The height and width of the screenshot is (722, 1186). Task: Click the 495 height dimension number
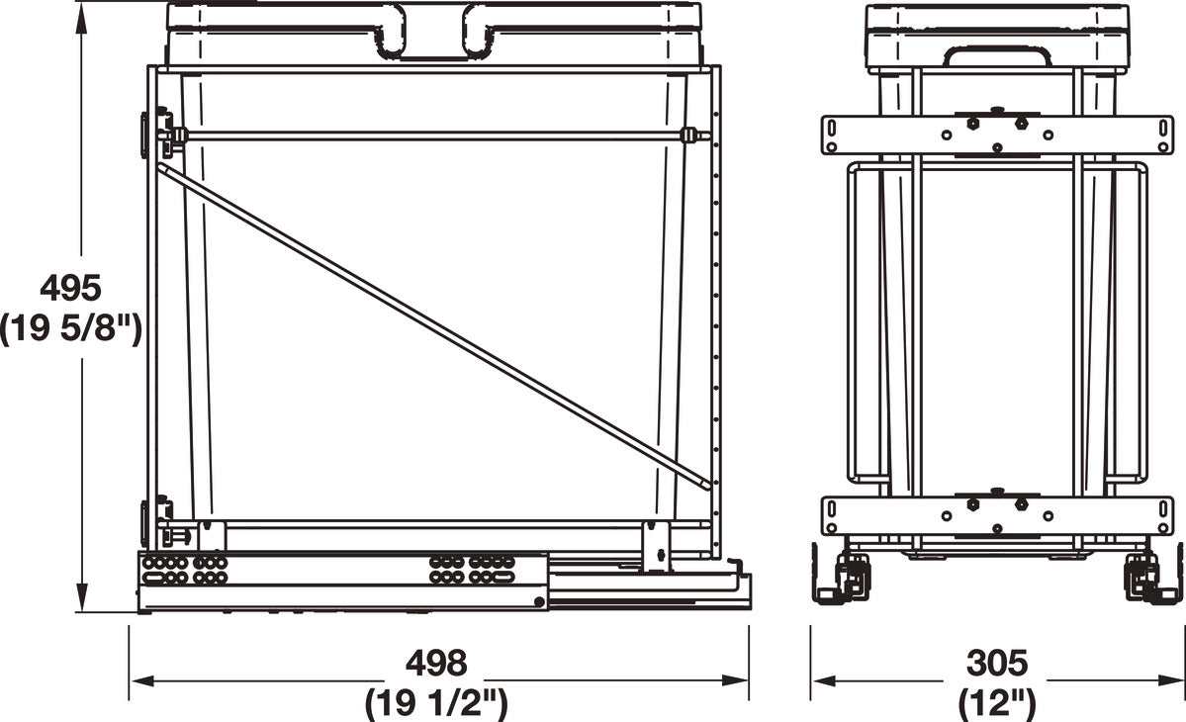click(x=70, y=289)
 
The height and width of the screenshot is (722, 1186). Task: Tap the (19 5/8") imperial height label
click(x=70, y=329)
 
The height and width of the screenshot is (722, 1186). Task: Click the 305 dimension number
click(x=997, y=664)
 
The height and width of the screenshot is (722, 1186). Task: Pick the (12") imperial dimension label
click(x=997, y=704)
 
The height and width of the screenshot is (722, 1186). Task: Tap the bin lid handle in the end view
click(x=996, y=55)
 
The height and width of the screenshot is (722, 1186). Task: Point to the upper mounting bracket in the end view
click(x=997, y=135)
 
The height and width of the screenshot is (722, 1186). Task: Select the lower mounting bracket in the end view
click(x=997, y=515)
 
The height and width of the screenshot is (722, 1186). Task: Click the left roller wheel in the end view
click(x=849, y=574)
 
